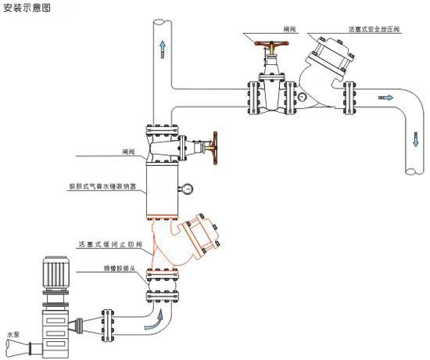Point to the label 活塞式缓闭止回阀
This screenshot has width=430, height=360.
point(109,244)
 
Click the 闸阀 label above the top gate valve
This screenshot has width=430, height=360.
point(289,29)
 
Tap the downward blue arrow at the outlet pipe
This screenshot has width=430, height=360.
point(412,139)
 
